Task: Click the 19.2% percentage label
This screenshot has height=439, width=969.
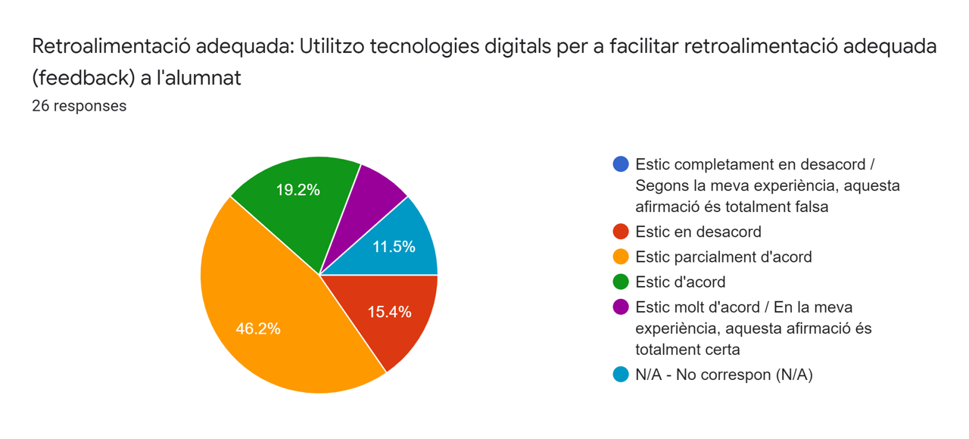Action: [x=298, y=190]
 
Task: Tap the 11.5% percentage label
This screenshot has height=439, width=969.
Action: [x=394, y=246]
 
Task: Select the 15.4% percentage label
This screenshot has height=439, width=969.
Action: [x=389, y=311]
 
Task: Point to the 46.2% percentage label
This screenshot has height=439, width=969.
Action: [x=258, y=328]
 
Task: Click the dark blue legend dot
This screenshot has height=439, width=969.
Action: [x=621, y=164]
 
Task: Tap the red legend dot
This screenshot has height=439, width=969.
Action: [x=621, y=232]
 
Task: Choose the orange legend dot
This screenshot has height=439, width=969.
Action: [x=621, y=257]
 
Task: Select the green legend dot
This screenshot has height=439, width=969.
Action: [x=621, y=282]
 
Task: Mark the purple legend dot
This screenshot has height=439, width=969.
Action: [x=621, y=307]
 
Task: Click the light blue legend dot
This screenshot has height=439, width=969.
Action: [x=621, y=374]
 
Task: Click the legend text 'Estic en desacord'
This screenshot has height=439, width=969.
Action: [x=698, y=232]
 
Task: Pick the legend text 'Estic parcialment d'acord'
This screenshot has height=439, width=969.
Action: [x=723, y=257]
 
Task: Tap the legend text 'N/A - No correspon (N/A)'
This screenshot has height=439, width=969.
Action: [x=724, y=374]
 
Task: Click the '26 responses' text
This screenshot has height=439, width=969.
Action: [x=79, y=106]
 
